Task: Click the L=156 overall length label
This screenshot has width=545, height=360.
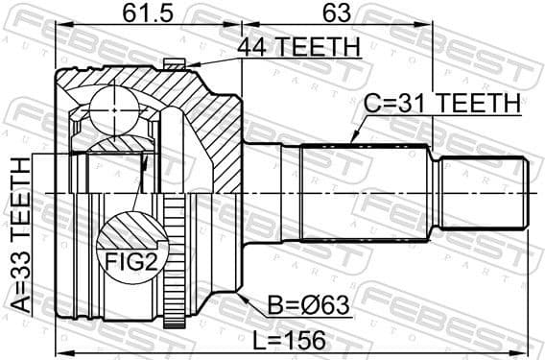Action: (x=289, y=339)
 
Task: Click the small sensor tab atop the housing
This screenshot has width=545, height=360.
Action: (x=172, y=63)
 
